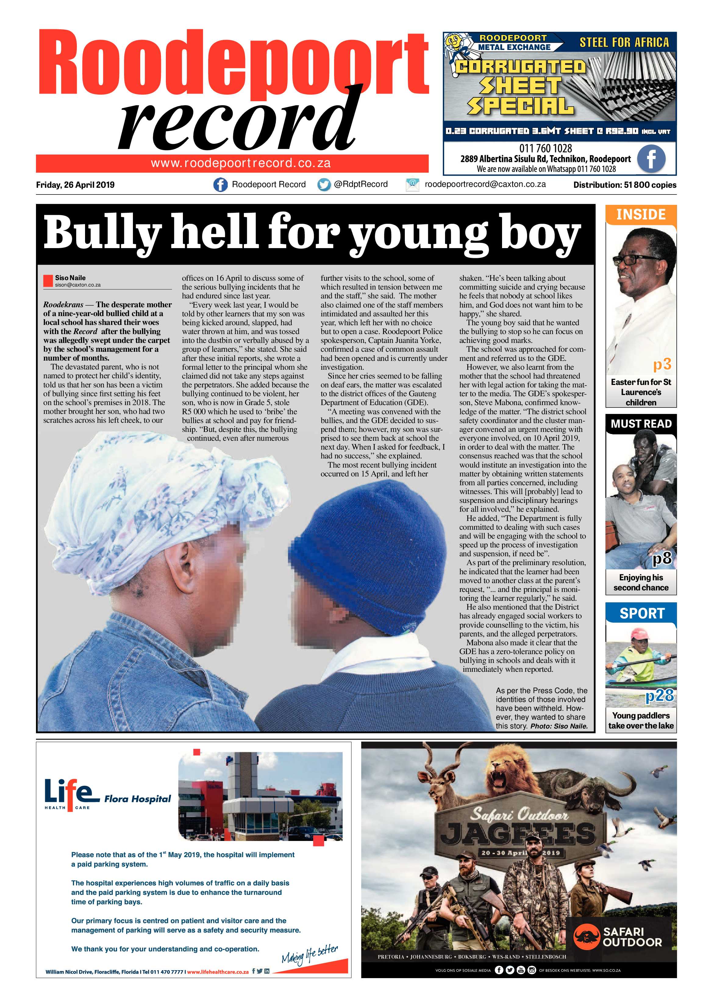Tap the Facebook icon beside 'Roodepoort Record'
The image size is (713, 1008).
point(220,185)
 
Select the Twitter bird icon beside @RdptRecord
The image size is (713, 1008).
point(324,185)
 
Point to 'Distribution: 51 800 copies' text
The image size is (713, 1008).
point(624,185)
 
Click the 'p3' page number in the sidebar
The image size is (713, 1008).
point(661,364)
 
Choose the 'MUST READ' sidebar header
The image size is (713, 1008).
point(641,424)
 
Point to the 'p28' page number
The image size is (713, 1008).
point(659,695)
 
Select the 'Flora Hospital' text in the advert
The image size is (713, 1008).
point(137,799)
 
